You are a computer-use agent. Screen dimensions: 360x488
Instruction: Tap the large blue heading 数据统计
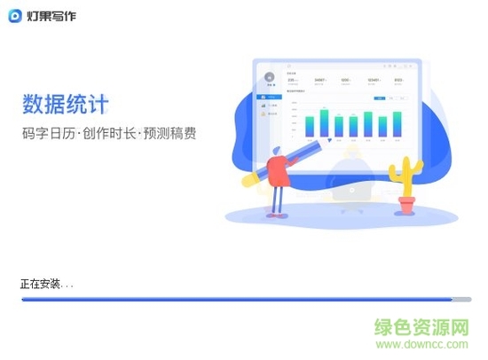66,105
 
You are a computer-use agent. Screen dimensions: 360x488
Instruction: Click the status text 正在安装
42,285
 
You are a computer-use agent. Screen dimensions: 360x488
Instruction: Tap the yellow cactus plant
407,177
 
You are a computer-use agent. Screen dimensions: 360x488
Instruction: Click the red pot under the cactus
406,206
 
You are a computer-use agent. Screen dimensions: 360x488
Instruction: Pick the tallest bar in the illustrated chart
325,122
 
